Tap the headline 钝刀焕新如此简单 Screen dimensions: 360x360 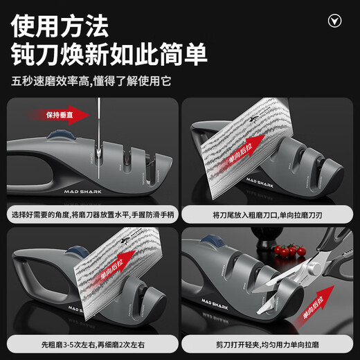point(109,55)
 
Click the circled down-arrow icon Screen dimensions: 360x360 point(335,21)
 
